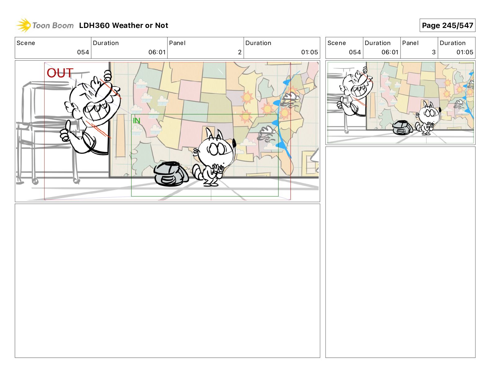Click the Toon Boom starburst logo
pos(24,25)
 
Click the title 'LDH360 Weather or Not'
pos(124,25)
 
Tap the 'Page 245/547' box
pos(447,25)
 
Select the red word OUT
pos(60,73)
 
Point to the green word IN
pos(136,121)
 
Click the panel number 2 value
pos(240,52)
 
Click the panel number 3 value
pos(434,52)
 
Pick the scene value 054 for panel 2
pos(83,52)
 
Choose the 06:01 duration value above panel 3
pos(390,52)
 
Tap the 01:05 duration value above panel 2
pos(309,52)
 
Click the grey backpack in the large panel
pos(171,174)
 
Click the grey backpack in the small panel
pos(402,127)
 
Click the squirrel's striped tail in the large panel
pos(197,173)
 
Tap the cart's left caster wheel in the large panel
pos(35,181)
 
